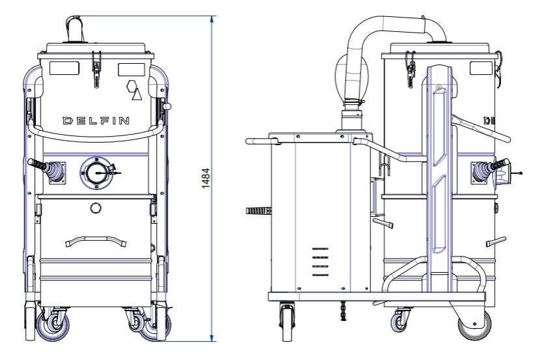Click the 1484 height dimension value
206,178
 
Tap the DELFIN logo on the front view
96,120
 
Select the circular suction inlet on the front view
96,173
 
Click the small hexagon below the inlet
96,208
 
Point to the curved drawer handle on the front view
96,241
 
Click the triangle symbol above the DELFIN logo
137,94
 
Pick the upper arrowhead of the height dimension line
212,19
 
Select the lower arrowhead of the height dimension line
212,338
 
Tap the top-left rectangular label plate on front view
64,68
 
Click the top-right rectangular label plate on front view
131,70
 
